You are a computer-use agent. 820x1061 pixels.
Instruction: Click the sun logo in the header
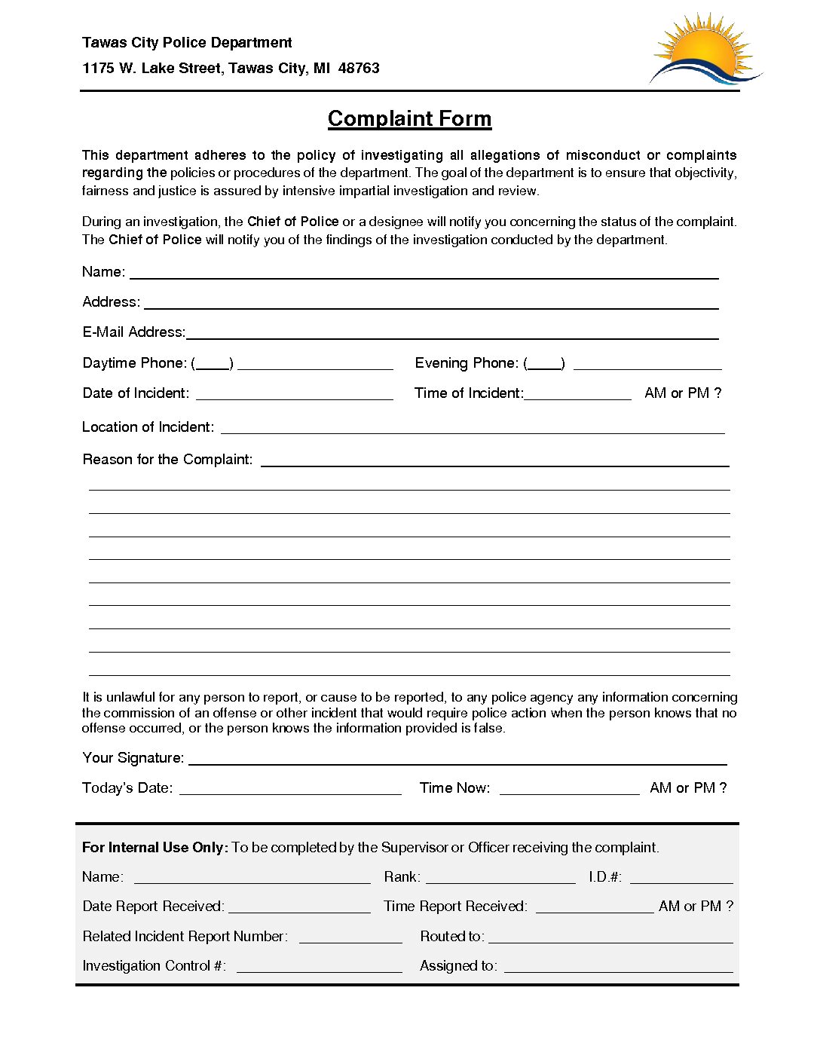click(705, 50)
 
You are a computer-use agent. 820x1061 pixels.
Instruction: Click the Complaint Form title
click(409, 118)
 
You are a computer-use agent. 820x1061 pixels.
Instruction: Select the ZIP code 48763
click(359, 68)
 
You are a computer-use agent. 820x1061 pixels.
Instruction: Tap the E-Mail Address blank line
click(452, 336)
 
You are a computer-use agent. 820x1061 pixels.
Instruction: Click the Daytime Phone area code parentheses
click(213, 364)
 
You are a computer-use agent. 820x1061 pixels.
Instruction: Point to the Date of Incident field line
click(294, 396)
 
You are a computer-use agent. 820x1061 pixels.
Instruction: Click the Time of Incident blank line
click(578, 396)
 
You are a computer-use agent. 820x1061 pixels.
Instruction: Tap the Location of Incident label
click(148, 427)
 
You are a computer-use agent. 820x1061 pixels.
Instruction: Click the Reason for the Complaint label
click(167, 459)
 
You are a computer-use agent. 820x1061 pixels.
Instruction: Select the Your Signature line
click(457, 762)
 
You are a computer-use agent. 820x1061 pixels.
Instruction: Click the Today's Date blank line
click(290, 791)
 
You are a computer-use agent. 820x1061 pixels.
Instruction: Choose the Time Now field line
click(569, 791)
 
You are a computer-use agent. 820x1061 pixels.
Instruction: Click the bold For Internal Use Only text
click(155, 847)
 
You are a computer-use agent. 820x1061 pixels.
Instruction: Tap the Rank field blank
click(500, 880)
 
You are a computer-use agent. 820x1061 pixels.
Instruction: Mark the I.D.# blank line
click(681, 880)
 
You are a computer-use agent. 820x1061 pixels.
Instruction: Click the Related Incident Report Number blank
click(350, 940)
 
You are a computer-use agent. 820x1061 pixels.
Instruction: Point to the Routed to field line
click(610, 940)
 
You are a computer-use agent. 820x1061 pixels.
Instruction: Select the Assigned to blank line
click(618, 970)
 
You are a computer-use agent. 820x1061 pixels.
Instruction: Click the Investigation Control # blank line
click(319, 970)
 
